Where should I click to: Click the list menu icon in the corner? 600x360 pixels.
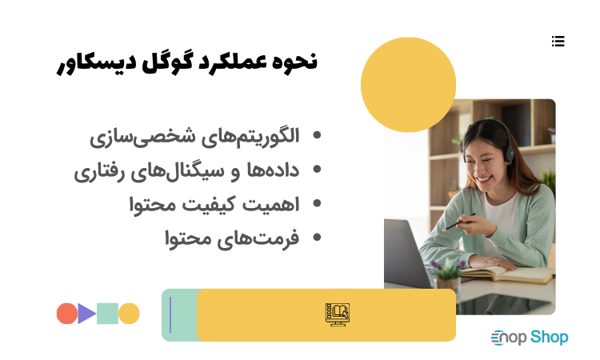click(x=558, y=41)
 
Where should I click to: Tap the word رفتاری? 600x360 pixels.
click(x=102, y=170)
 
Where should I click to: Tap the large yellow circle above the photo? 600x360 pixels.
click(x=408, y=85)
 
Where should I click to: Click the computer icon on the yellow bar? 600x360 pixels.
click(x=338, y=314)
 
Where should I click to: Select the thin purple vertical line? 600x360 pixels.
click(x=170, y=314)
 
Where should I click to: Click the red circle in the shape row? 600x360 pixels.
click(x=67, y=314)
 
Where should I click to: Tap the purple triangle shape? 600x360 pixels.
click(x=86, y=314)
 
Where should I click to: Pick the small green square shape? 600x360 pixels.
click(x=108, y=314)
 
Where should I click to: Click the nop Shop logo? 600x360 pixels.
click(x=529, y=338)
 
